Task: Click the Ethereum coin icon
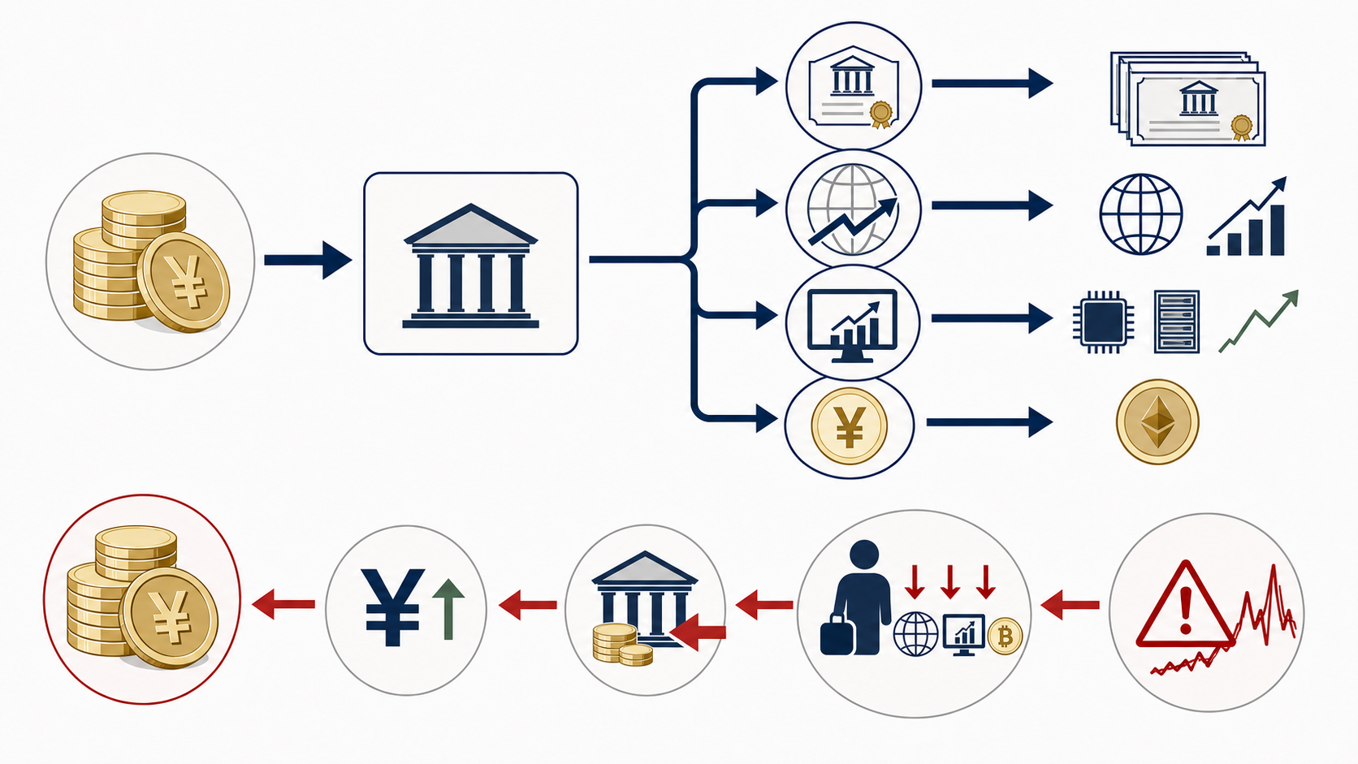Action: (1157, 421)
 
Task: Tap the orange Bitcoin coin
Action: (1005, 637)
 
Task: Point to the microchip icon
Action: (1103, 322)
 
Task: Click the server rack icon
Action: (1177, 322)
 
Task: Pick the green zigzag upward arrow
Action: (1259, 322)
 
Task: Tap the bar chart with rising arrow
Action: (1247, 216)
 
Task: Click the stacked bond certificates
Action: (1188, 99)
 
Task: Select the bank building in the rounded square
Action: (470, 266)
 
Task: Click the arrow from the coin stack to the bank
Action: (308, 260)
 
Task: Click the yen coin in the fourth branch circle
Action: (850, 426)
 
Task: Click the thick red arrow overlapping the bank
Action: (698, 632)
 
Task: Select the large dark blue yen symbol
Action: (392, 607)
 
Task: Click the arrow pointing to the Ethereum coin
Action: (989, 422)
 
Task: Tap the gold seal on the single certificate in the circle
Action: (880, 114)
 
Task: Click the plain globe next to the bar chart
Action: (1141, 214)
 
